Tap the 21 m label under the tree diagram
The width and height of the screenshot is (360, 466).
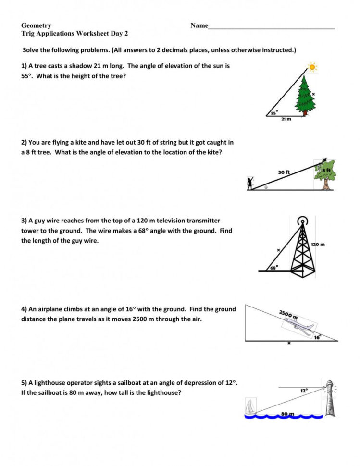(x=286, y=119)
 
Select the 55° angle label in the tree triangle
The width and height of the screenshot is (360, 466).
(x=273, y=112)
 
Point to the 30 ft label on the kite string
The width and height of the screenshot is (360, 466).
(x=284, y=172)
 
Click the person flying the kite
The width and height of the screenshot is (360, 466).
(x=250, y=184)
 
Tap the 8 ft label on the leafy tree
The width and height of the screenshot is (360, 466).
(x=327, y=171)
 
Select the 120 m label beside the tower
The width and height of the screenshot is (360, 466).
(x=318, y=244)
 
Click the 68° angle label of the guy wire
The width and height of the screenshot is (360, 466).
(x=273, y=268)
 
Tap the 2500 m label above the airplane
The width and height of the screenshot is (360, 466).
(x=288, y=315)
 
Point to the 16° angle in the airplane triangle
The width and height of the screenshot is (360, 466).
(x=317, y=337)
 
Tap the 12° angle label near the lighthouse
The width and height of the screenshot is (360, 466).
(x=304, y=391)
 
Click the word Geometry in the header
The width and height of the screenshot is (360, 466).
(x=36, y=25)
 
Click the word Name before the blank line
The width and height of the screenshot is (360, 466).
(x=199, y=25)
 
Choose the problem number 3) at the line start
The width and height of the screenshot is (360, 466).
(x=24, y=221)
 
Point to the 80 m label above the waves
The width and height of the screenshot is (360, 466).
(x=287, y=413)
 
